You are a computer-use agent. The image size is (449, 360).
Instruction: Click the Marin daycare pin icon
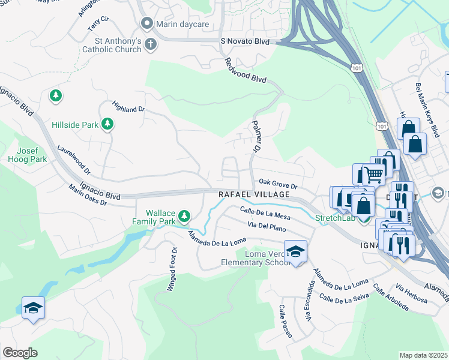146,23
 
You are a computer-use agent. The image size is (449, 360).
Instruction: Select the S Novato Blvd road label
245,41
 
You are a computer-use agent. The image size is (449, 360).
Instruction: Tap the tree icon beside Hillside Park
108,124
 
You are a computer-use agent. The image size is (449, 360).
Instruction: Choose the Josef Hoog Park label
27,155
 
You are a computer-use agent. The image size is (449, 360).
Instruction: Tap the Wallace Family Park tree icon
184,215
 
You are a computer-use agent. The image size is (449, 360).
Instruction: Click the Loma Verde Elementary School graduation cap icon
295,252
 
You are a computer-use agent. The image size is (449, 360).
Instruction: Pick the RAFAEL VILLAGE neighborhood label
254,195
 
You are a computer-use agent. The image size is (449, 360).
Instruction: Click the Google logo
20,352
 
